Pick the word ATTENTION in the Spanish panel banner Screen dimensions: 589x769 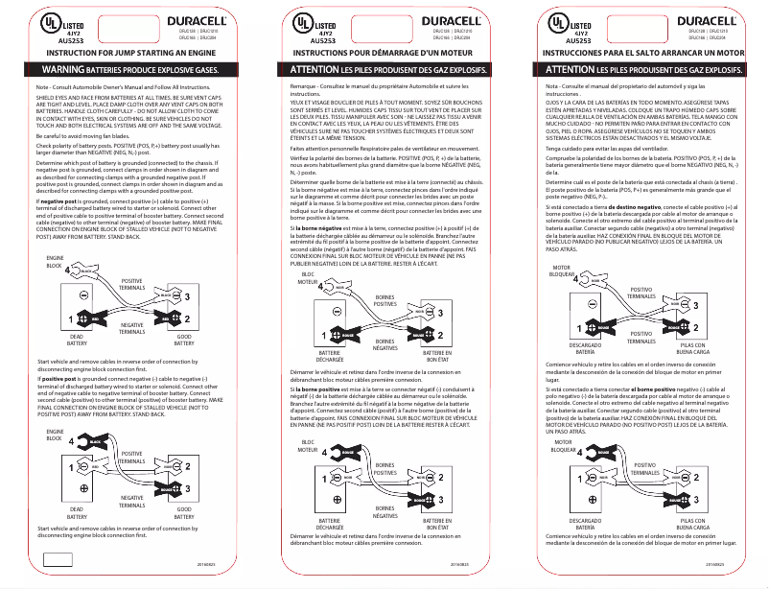click(570, 71)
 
